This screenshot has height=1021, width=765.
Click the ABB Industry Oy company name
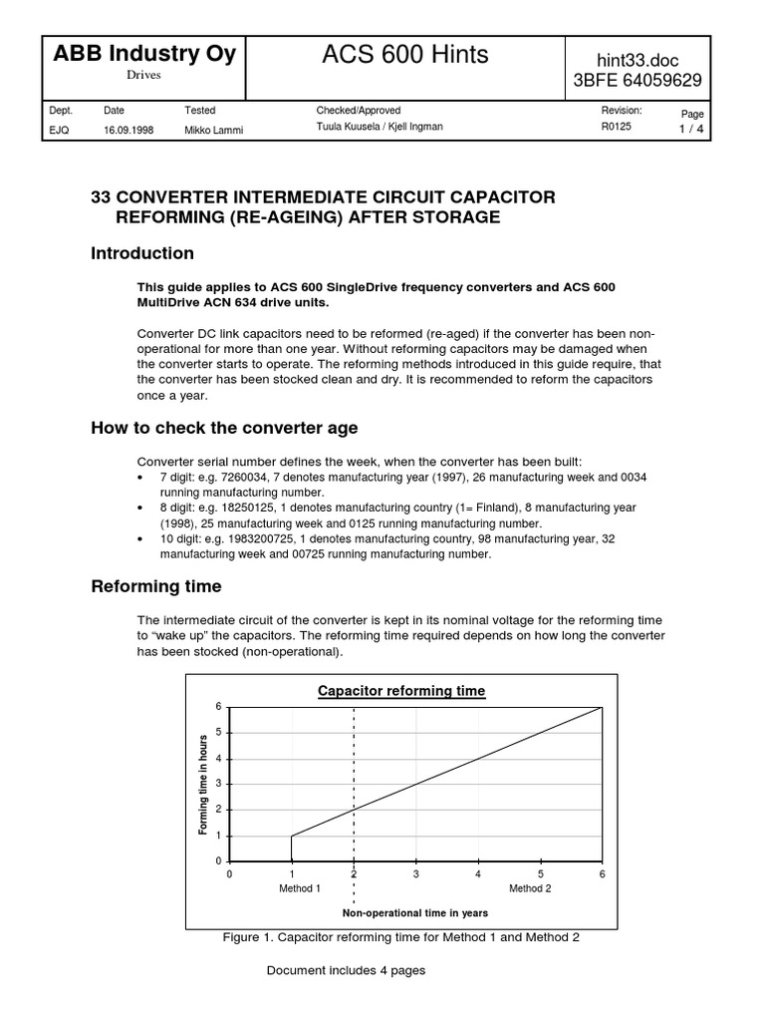click(145, 53)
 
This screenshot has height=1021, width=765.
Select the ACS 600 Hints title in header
click(405, 56)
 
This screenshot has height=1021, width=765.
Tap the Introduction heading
click(142, 253)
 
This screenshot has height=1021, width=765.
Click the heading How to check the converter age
click(224, 428)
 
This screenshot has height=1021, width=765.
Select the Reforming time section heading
click(156, 586)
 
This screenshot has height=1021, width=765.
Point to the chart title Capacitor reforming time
click(401, 691)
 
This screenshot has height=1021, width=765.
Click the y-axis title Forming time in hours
click(203, 783)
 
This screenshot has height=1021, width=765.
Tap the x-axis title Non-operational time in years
click(414, 912)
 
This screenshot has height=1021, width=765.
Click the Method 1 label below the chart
click(300, 888)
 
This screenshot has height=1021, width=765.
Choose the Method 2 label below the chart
click(530, 888)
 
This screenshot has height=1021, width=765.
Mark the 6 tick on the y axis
click(219, 707)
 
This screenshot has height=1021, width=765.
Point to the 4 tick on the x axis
click(478, 874)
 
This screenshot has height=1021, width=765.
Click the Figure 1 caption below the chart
click(401, 937)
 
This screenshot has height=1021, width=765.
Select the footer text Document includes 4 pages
click(346, 970)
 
